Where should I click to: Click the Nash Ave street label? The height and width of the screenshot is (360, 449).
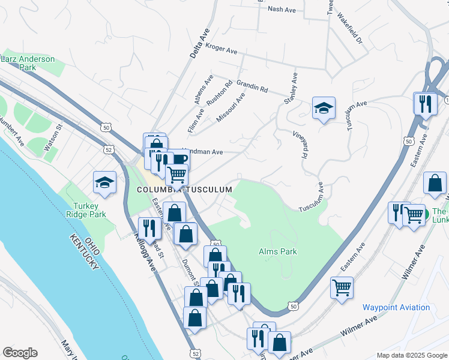pyautogui.click(x=282, y=10)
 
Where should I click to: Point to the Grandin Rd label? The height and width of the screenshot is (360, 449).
pyautogui.click(x=252, y=85)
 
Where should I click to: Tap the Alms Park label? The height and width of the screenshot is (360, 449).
pyautogui.click(x=278, y=251)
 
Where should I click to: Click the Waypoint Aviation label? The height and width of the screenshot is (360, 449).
pyautogui.click(x=396, y=307)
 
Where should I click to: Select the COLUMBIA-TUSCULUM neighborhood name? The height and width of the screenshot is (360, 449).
pyautogui.click(x=184, y=189)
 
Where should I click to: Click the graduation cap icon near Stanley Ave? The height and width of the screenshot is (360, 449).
pyautogui.click(x=324, y=108)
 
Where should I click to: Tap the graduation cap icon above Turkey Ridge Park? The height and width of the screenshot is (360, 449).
pyautogui.click(x=104, y=182)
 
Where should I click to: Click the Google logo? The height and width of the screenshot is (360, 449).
pyautogui.click(x=20, y=353)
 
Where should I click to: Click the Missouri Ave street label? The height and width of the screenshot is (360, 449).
pyautogui.click(x=231, y=107)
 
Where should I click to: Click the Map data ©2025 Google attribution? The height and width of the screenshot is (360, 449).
pyautogui.click(x=411, y=355)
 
